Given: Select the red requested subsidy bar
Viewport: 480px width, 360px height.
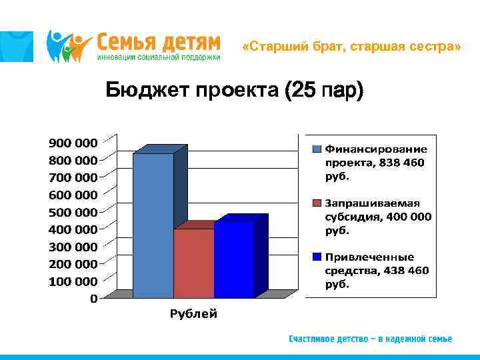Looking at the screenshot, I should tap(193, 263).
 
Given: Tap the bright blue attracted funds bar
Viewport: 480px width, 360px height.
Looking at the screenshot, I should tap(234, 260).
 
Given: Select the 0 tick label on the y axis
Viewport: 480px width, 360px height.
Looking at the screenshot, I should tap(93, 299).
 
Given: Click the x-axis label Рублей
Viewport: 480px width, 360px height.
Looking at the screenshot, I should tap(193, 314).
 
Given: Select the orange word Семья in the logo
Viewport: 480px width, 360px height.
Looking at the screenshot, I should tap(125, 42).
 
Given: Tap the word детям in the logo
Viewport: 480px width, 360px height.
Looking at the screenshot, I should tap(189, 42).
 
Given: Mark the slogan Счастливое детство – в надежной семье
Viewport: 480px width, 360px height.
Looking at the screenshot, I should tap(370, 339).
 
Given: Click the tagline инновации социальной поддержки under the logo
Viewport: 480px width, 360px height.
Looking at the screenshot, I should tap(159, 57).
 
